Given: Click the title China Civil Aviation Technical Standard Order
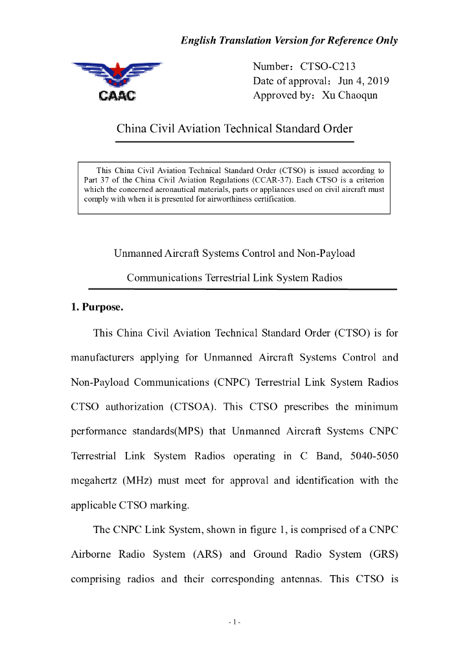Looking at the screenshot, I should click(x=234, y=128).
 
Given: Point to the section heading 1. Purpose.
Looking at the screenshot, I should click(x=97, y=307).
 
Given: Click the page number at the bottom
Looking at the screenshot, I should click(x=234, y=622).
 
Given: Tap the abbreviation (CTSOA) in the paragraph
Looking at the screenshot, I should click(x=197, y=407).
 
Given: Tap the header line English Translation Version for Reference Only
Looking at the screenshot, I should click(x=289, y=40).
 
